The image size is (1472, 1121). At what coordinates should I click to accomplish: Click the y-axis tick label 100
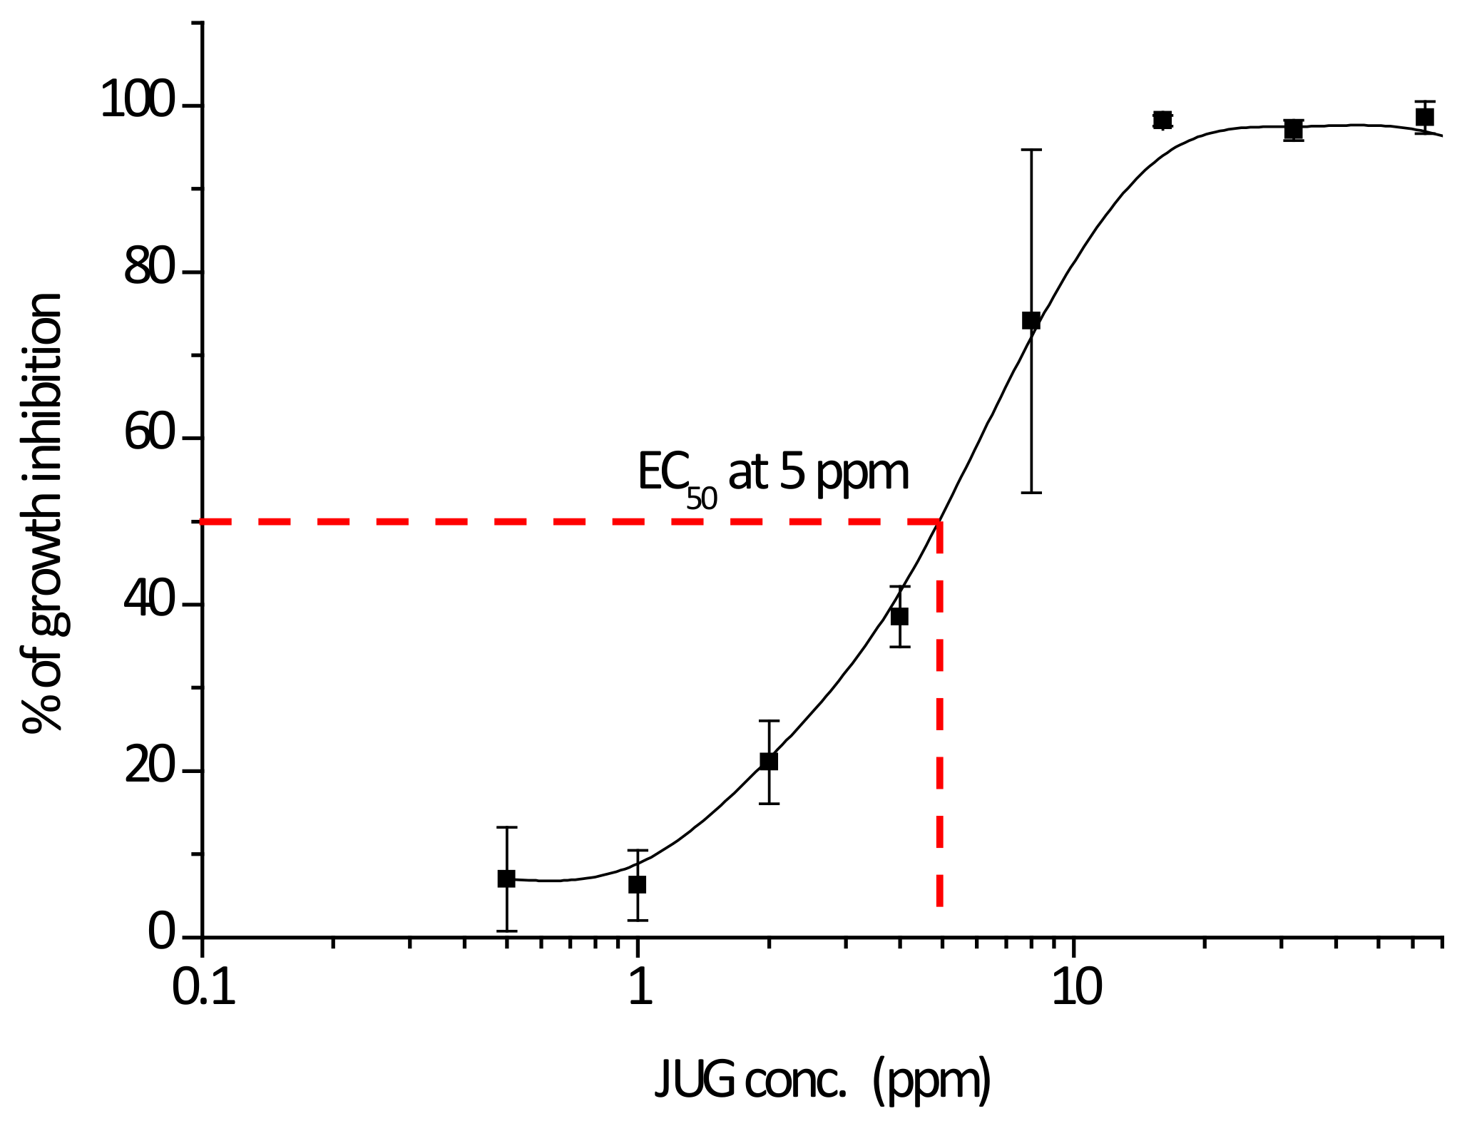coord(137,100)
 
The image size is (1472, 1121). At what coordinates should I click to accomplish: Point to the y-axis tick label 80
coord(149,269)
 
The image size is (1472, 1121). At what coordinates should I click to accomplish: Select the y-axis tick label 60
coord(149,434)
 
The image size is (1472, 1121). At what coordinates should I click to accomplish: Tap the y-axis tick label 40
coord(149,601)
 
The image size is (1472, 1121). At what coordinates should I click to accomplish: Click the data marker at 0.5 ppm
coord(506,879)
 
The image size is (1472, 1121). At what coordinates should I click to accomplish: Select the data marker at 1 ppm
coord(638,884)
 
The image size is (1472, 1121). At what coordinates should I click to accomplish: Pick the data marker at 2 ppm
coord(769,761)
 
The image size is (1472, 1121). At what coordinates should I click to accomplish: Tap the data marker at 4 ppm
coord(900,616)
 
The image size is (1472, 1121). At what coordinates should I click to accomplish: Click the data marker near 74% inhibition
coord(1031,320)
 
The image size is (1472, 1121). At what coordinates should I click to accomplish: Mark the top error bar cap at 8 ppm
coord(1031,150)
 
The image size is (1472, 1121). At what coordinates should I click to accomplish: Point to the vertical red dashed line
coord(940,713)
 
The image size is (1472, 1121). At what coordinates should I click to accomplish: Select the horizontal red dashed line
coord(571,522)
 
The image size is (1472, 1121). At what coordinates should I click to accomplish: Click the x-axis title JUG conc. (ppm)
coord(822,1079)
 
